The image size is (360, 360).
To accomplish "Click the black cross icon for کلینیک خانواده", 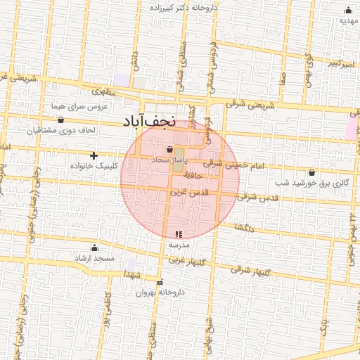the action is pos(94,155).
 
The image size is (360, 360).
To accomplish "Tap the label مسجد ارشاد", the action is pos(95,259).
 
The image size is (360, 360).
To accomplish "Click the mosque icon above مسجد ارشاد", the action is pos(95,248).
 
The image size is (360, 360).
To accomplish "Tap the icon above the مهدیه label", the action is pos(348,10).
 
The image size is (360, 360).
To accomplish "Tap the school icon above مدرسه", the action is pos(178,234).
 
